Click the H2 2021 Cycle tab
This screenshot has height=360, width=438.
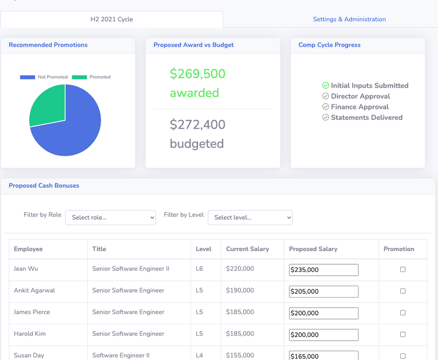pos(112,19)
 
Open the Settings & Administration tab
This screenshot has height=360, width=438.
pos(349,19)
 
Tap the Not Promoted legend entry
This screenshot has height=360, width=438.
pos(44,77)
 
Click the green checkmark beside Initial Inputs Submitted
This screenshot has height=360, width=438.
pos(325,85)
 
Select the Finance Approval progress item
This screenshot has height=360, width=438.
pos(360,107)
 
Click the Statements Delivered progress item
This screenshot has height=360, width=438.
pos(366,118)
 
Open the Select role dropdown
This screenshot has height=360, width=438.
pos(111,217)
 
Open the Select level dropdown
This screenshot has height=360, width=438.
pos(250,217)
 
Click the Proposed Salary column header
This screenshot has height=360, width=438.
pos(313,249)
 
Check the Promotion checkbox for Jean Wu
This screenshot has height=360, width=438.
pos(403,269)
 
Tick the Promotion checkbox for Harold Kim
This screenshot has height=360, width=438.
pos(403,334)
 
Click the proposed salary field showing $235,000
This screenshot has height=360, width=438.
pos(324,270)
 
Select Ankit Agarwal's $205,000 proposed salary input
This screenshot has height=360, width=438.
pos(324,292)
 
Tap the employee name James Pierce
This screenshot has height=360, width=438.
pos(32,312)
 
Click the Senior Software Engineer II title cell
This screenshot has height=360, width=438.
pos(131,269)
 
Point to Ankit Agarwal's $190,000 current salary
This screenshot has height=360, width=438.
pos(240,291)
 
